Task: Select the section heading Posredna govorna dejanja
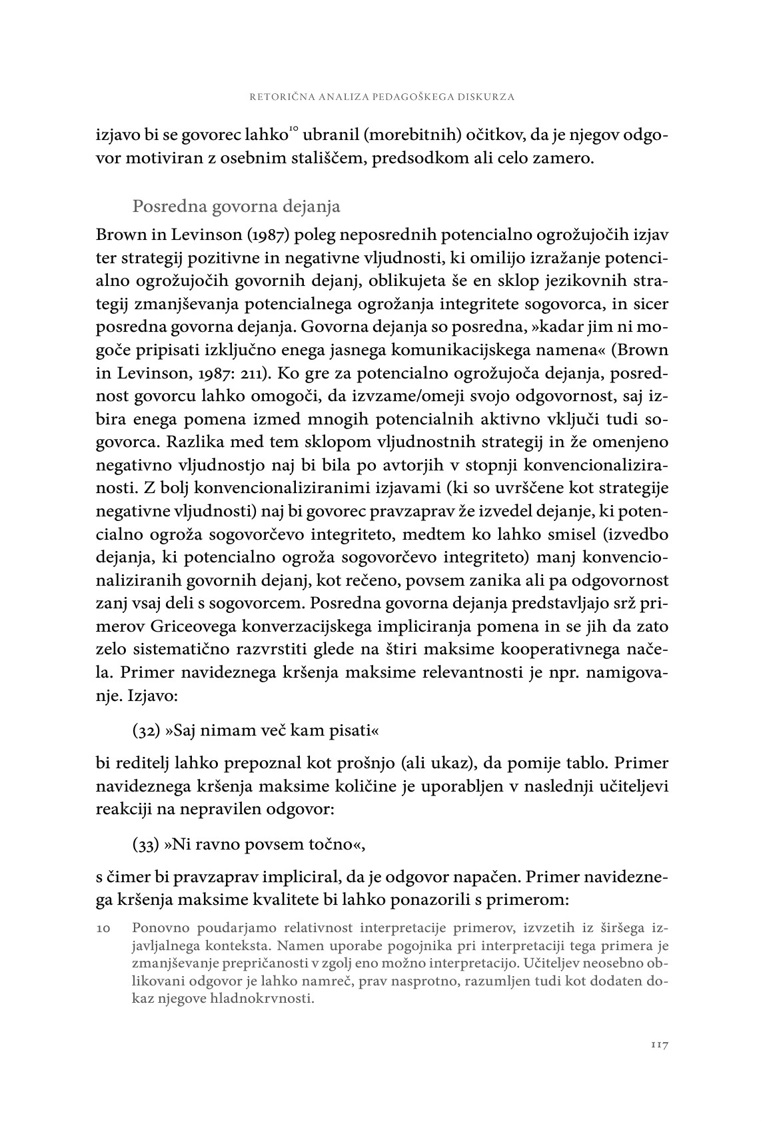coord(237,207)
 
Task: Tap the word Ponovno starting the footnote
coord(161,927)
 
